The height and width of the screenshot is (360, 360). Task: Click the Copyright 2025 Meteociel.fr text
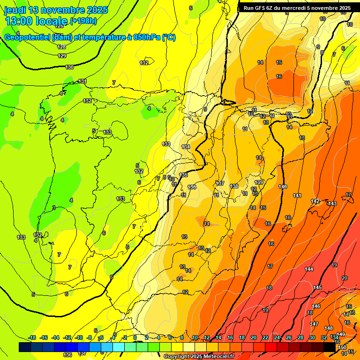click(x=199, y=357)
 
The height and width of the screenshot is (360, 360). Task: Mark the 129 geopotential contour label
click(x=62, y=56)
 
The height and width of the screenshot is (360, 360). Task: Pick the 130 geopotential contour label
click(x=69, y=67)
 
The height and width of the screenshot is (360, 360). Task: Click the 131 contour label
click(x=82, y=81)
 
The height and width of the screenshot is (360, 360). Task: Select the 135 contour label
click(x=183, y=175)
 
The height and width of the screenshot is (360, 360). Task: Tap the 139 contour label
click(x=259, y=182)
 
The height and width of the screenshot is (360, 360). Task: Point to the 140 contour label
click(x=282, y=187)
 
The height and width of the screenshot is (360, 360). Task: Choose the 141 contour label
click(x=297, y=195)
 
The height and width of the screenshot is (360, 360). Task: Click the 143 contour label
click(x=332, y=203)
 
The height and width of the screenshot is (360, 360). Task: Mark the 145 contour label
click(x=318, y=287)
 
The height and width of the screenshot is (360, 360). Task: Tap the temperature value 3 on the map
click(x=54, y=207)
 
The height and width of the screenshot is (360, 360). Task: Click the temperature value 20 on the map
click(x=345, y=278)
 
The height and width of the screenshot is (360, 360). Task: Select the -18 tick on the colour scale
click(x=32, y=337)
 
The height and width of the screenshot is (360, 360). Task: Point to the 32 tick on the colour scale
click(x=323, y=337)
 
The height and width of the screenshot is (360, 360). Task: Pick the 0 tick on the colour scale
click(x=135, y=337)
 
